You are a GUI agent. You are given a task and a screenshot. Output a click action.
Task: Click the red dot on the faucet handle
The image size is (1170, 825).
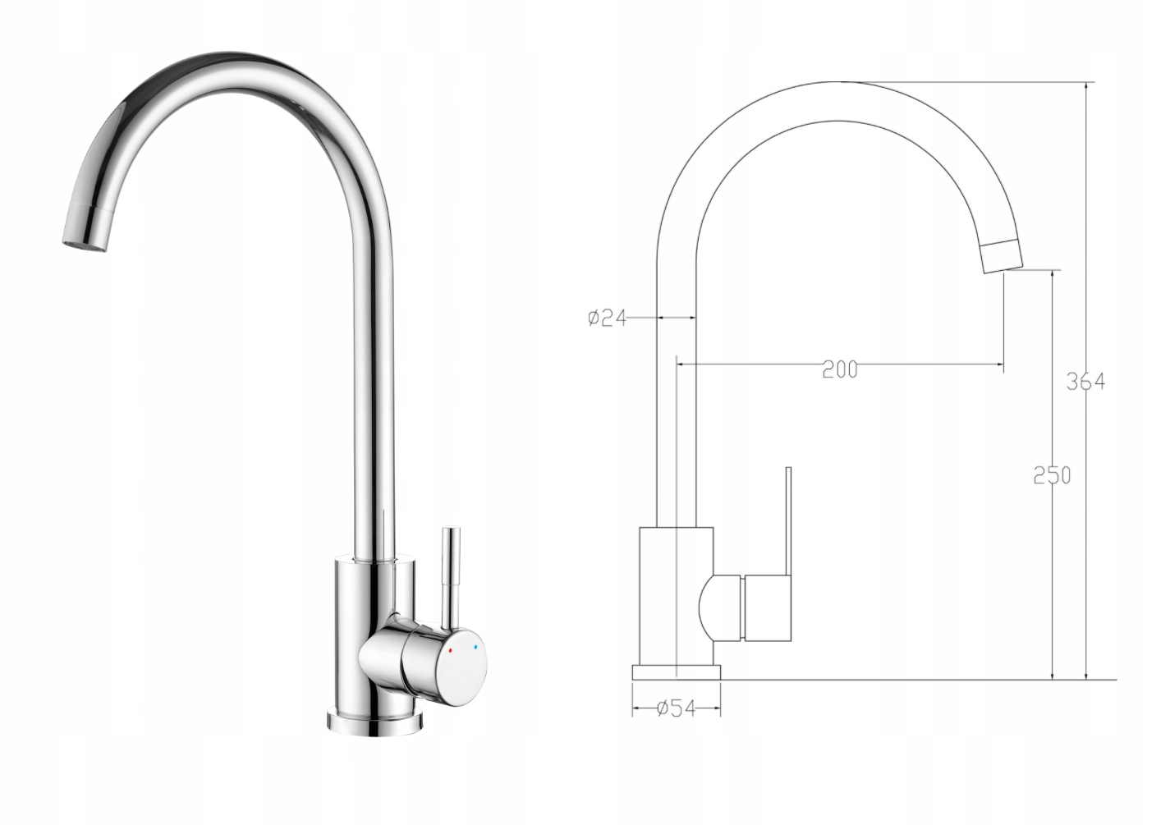tap(451, 651)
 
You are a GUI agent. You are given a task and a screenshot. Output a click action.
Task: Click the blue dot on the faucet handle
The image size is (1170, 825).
tap(475, 648)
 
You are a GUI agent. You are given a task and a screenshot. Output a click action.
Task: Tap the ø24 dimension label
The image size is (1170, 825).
tap(607, 318)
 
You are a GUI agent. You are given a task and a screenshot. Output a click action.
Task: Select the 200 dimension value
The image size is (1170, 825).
tap(840, 369)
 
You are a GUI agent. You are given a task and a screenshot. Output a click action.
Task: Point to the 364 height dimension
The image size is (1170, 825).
tap(1085, 383)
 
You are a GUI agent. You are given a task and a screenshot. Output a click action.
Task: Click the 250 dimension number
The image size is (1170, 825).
tap(1053, 475)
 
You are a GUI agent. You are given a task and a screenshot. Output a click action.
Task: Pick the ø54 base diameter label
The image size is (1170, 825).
tap(677, 708)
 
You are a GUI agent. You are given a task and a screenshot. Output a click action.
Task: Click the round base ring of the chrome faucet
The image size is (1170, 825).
tap(374, 721)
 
